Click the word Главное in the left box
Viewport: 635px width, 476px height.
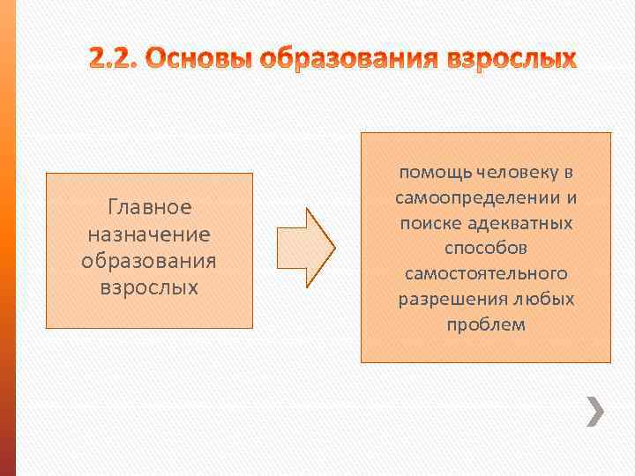[x=149, y=208]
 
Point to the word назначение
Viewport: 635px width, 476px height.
[x=149, y=235]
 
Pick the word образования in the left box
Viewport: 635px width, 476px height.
[x=149, y=262]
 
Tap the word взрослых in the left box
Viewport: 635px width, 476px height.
[x=149, y=288]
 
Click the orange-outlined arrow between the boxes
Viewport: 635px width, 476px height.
[x=305, y=248]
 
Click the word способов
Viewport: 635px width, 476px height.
[x=486, y=249]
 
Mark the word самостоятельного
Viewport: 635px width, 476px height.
[x=486, y=273]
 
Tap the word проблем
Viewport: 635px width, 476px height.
[x=486, y=324]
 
